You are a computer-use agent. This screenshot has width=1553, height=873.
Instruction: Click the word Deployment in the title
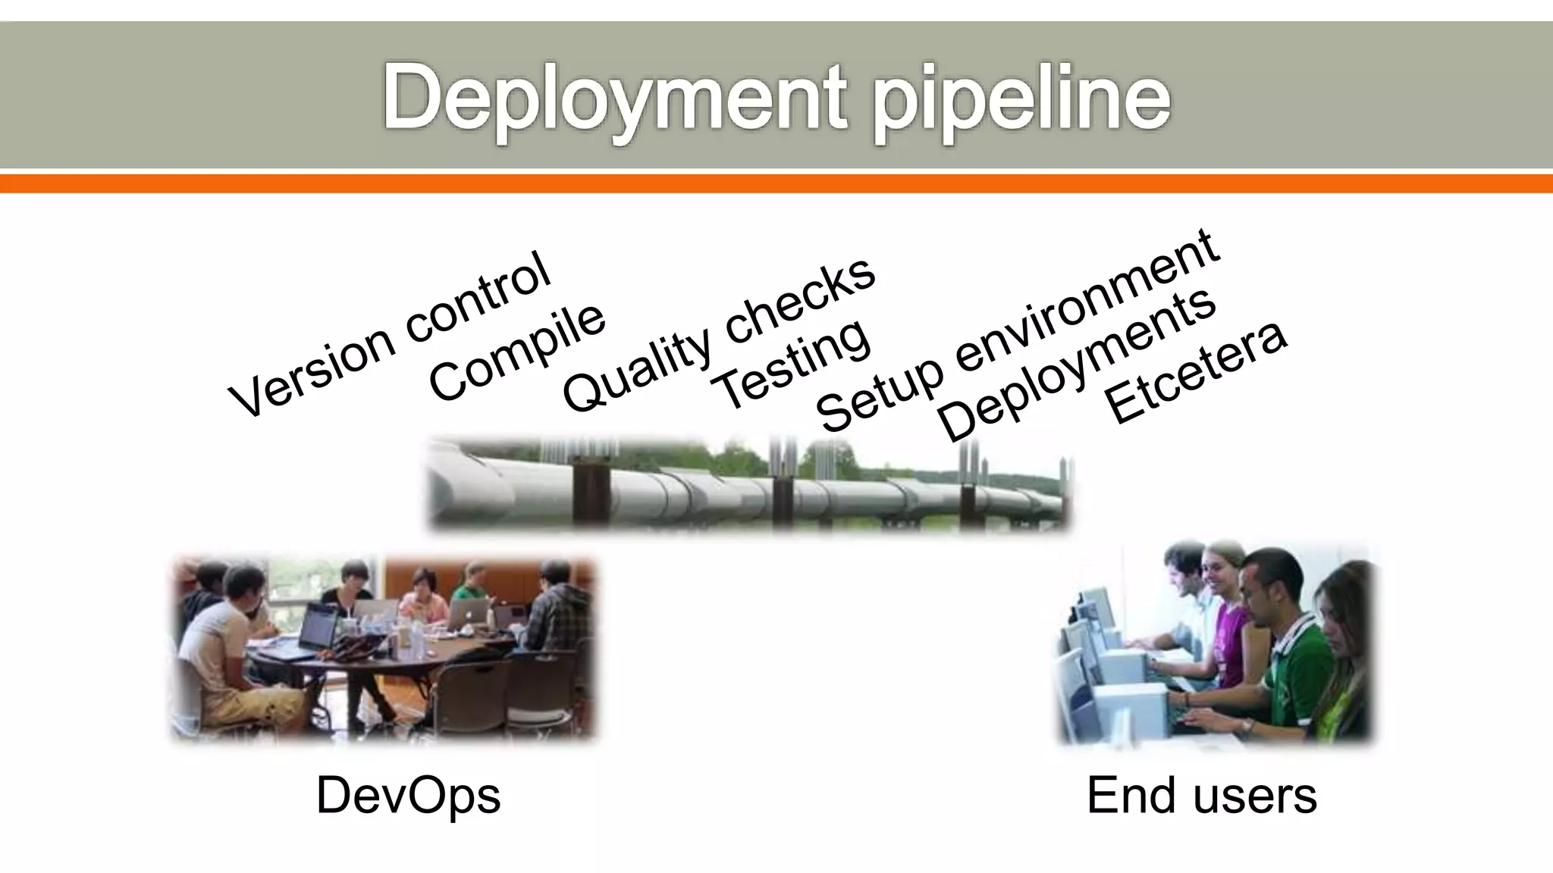point(614,99)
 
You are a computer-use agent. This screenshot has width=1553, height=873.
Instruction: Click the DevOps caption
point(408,796)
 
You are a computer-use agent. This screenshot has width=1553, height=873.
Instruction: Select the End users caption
point(1201,796)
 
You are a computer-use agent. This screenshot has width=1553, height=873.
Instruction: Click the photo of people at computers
point(1216,644)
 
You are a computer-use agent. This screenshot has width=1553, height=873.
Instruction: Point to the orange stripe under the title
point(776,183)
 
